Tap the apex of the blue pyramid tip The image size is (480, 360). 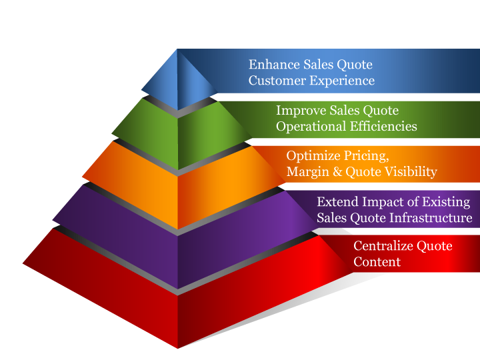178,50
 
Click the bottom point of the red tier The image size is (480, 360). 178,347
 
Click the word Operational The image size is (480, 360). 310,126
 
